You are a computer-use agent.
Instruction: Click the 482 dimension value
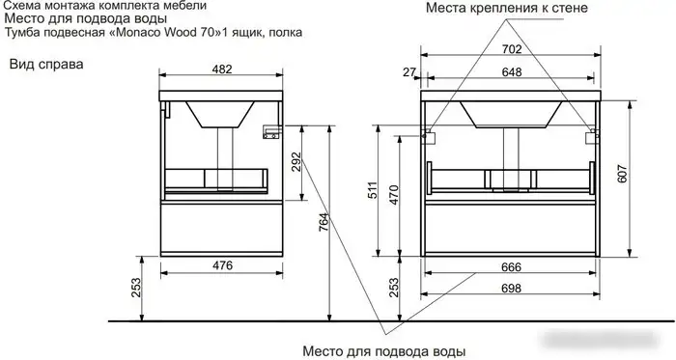click(x=222, y=69)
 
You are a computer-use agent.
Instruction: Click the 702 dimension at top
click(x=512, y=48)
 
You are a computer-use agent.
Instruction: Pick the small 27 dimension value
click(x=408, y=72)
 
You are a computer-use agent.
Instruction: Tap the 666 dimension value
click(x=512, y=267)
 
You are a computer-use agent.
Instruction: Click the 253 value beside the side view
click(x=137, y=289)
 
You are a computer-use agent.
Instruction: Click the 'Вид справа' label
click(x=46, y=65)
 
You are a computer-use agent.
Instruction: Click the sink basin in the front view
click(x=512, y=114)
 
